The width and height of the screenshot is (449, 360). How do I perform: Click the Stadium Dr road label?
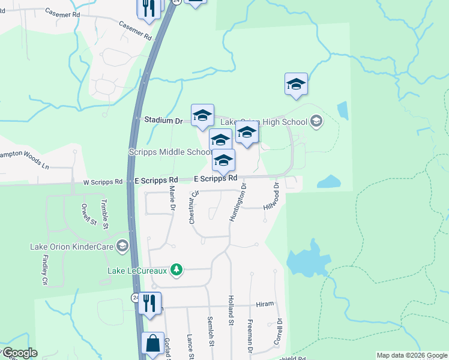pyautogui.click(x=163, y=121)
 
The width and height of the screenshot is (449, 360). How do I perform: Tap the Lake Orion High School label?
pyautogui.click(x=264, y=122)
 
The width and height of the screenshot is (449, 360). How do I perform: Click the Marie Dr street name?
pyautogui.click(x=172, y=199)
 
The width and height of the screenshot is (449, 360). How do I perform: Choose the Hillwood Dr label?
pyautogui.click(x=273, y=199)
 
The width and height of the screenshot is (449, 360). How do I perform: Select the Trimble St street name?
pyautogui.click(x=104, y=214)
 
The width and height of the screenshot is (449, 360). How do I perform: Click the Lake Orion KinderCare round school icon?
pyautogui.click(x=122, y=246)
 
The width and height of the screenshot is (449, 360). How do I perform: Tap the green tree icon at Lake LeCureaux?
pyautogui.click(x=176, y=271)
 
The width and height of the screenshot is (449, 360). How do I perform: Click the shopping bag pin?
pyautogui.click(x=152, y=344)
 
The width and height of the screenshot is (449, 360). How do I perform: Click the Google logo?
pyautogui.click(x=19, y=353)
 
